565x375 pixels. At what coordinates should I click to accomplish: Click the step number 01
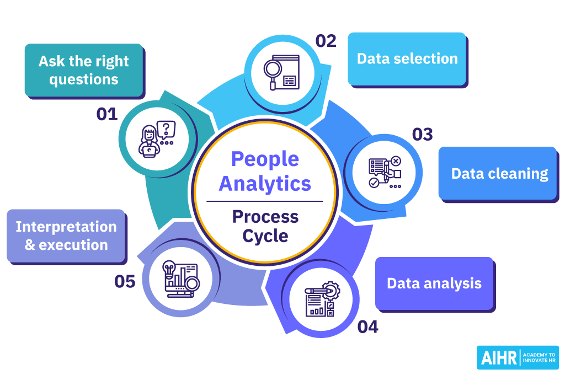(107, 114)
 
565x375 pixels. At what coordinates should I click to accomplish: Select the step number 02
(326, 41)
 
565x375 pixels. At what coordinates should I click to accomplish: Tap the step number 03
(423, 134)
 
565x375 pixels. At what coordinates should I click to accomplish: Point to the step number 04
(367, 327)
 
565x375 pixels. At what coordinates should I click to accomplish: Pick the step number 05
(125, 282)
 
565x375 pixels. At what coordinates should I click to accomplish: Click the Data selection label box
(407, 58)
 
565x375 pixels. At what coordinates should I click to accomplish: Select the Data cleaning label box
(498, 173)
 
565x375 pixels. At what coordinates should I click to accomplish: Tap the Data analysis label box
(434, 283)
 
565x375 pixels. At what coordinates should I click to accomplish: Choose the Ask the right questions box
(83, 69)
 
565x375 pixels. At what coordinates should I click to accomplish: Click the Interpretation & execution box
(66, 235)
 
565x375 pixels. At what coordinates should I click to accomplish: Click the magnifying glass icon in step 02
(272, 71)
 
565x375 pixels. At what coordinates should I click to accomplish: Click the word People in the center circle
(265, 159)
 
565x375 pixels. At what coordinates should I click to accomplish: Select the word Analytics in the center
(265, 183)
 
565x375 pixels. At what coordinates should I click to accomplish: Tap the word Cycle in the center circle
(265, 236)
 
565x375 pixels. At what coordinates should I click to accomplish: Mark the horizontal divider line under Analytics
(265, 201)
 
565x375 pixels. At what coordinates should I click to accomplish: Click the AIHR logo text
(499, 357)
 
